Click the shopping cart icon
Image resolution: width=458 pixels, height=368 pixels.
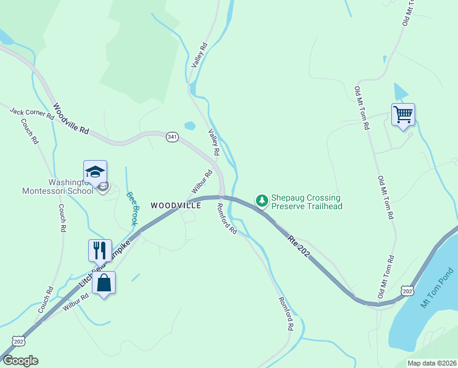point(403,114)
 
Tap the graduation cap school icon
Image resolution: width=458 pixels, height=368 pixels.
point(95,172)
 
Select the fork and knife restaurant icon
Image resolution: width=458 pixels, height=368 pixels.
point(100,250)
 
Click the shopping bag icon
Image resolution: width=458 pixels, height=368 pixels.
point(103,283)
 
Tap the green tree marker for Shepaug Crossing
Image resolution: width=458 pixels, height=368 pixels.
point(262,201)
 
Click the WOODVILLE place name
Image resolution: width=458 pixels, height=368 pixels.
point(176,206)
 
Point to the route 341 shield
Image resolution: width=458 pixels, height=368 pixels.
point(172,137)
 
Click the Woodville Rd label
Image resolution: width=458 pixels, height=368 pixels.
point(71,119)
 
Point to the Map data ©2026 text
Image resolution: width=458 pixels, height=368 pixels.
point(432,363)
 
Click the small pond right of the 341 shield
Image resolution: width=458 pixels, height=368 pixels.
point(190,126)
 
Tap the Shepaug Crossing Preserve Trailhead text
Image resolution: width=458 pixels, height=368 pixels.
point(306,202)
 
